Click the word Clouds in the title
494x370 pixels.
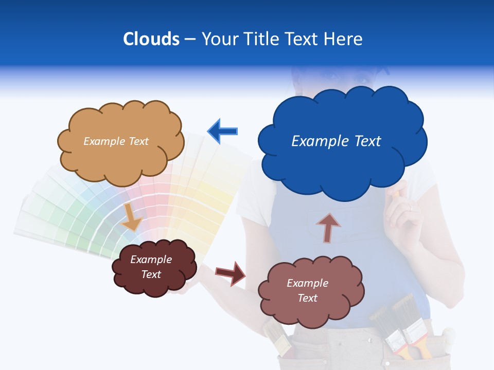click(151, 39)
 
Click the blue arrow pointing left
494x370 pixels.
click(223, 131)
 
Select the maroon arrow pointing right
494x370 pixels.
click(231, 273)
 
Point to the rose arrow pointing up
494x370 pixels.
click(328, 227)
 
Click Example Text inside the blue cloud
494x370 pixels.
click(336, 141)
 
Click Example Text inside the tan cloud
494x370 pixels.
click(116, 141)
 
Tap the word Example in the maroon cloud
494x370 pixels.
click(151, 260)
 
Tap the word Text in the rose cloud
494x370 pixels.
click(307, 298)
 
